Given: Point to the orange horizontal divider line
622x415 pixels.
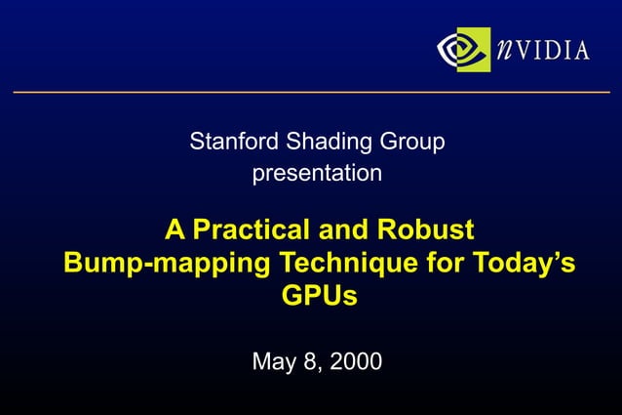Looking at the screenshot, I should coord(311,92).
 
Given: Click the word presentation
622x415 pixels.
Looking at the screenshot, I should coord(317,175).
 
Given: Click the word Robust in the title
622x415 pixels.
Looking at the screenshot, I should coord(429,230).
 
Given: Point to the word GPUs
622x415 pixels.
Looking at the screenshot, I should coord(319,295).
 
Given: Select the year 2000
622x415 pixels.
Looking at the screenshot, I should coord(356,361).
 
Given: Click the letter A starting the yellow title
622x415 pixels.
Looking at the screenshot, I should coord(175,230).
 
